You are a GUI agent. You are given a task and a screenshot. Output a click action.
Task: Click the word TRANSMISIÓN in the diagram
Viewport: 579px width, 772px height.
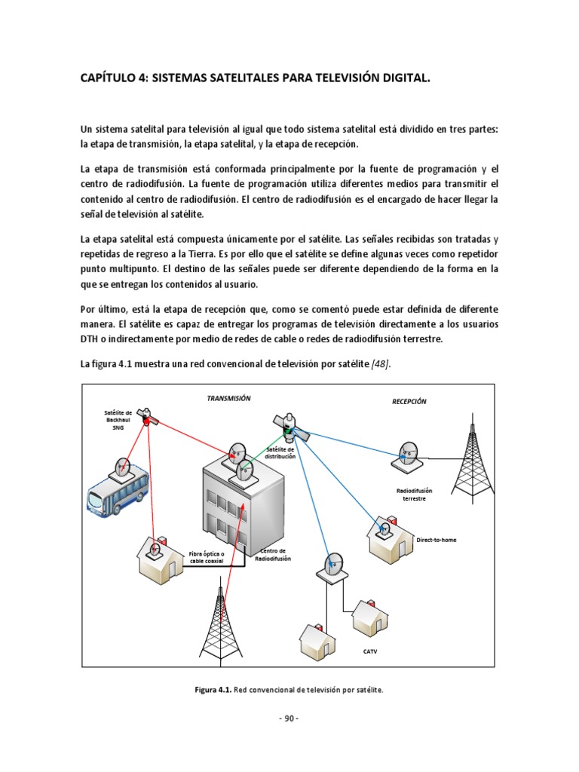[x=229, y=398]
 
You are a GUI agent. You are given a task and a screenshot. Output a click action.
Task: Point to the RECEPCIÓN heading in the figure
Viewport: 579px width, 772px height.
[x=409, y=401]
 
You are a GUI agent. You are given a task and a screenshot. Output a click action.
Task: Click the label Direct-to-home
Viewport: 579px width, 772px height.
[x=437, y=540]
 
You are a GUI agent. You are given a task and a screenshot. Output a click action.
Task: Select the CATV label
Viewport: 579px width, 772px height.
[x=369, y=651]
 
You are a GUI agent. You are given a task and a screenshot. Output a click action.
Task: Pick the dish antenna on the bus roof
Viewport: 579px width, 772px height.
[x=121, y=467]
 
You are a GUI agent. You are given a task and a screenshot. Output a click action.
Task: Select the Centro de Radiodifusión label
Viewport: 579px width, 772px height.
[x=272, y=555]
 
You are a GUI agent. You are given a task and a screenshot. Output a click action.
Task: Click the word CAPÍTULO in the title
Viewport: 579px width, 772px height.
[x=109, y=78]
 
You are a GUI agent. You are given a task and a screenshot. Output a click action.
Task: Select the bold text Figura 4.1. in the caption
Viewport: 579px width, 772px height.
[x=213, y=690]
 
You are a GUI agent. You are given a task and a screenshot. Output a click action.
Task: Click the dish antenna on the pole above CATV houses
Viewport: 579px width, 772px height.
[x=332, y=563]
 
